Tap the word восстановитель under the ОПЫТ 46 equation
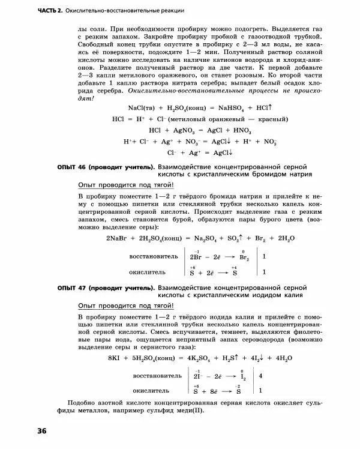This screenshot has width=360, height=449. click(x=154, y=256)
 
